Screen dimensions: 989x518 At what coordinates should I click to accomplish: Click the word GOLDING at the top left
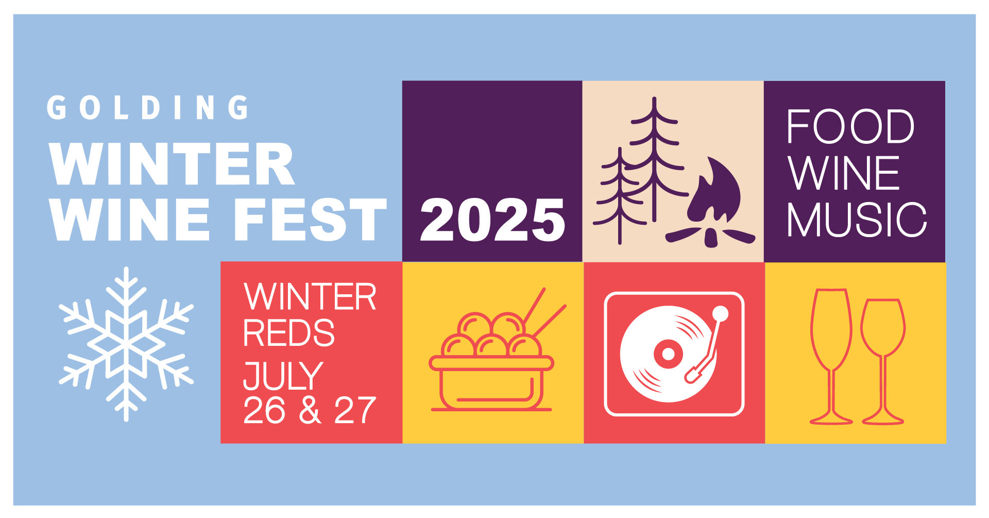point(148,108)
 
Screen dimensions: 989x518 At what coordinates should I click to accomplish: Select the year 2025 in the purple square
point(492,220)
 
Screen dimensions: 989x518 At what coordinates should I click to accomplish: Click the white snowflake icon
point(126,344)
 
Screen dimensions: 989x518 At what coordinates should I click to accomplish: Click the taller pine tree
point(654,160)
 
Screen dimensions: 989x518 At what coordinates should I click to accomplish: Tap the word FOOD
point(850,126)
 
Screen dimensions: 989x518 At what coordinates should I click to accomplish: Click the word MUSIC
point(857,220)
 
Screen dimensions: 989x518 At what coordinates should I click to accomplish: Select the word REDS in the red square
point(288,333)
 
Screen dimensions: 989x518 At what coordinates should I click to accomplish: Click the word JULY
point(283,376)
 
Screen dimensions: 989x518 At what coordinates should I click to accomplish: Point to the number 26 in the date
point(264,410)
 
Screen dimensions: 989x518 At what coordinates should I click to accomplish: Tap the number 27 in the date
point(355,410)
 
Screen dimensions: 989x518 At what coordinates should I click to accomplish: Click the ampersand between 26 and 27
point(310,410)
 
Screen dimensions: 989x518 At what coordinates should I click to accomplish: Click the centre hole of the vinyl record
point(668,354)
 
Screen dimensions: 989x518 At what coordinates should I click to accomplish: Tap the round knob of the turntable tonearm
point(720,314)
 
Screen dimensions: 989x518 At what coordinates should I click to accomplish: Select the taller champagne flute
point(831,356)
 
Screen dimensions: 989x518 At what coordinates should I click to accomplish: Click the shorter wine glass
point(883,361)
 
